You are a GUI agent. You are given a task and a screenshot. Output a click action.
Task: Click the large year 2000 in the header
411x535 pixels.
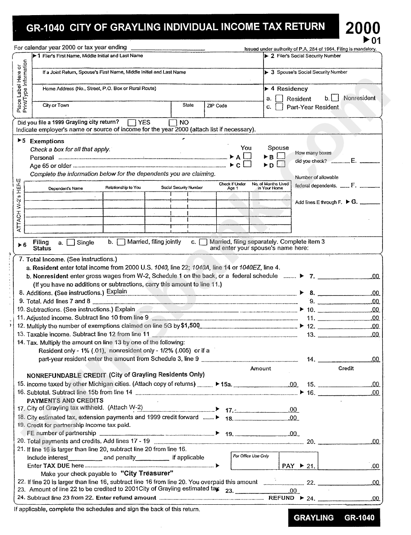coord(363,29)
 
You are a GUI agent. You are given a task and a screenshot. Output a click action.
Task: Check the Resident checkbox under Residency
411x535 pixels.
coord(279,99)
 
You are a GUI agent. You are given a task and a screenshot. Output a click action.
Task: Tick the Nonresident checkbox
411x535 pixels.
coord(335,98)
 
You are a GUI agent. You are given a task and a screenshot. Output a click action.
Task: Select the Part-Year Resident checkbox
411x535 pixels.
coord(279,107)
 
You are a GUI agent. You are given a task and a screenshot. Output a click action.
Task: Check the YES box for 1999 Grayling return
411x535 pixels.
coord(132,122)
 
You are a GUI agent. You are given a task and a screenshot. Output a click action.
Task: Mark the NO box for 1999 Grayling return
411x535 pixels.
coord(173,122)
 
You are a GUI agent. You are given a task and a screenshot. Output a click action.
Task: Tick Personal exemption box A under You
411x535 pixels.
coord(247,156)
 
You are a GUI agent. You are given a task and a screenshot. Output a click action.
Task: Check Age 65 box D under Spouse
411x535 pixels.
coord(281,164)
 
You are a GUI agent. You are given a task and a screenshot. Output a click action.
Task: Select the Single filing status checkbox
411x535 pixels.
coord(71,243)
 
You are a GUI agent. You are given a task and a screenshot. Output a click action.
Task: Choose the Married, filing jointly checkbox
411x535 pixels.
coord(121,242)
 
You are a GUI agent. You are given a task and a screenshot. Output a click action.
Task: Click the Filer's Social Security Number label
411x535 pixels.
coord(308,56)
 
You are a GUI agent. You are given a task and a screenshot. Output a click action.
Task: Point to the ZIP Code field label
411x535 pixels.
coord(217,106)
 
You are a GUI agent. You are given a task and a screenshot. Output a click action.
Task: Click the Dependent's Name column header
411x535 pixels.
coord(65,188)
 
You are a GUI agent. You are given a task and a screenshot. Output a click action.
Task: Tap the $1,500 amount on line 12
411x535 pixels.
coord(190,326)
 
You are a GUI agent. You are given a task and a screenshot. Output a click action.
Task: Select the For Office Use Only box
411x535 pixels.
coord(251,456)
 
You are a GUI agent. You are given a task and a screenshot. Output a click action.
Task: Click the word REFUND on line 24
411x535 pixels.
coord(281,498)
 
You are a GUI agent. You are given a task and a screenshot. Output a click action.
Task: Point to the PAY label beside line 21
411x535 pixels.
coord(288,466)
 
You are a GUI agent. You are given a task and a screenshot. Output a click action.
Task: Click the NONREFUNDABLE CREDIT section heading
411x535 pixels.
coord(67,375)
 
